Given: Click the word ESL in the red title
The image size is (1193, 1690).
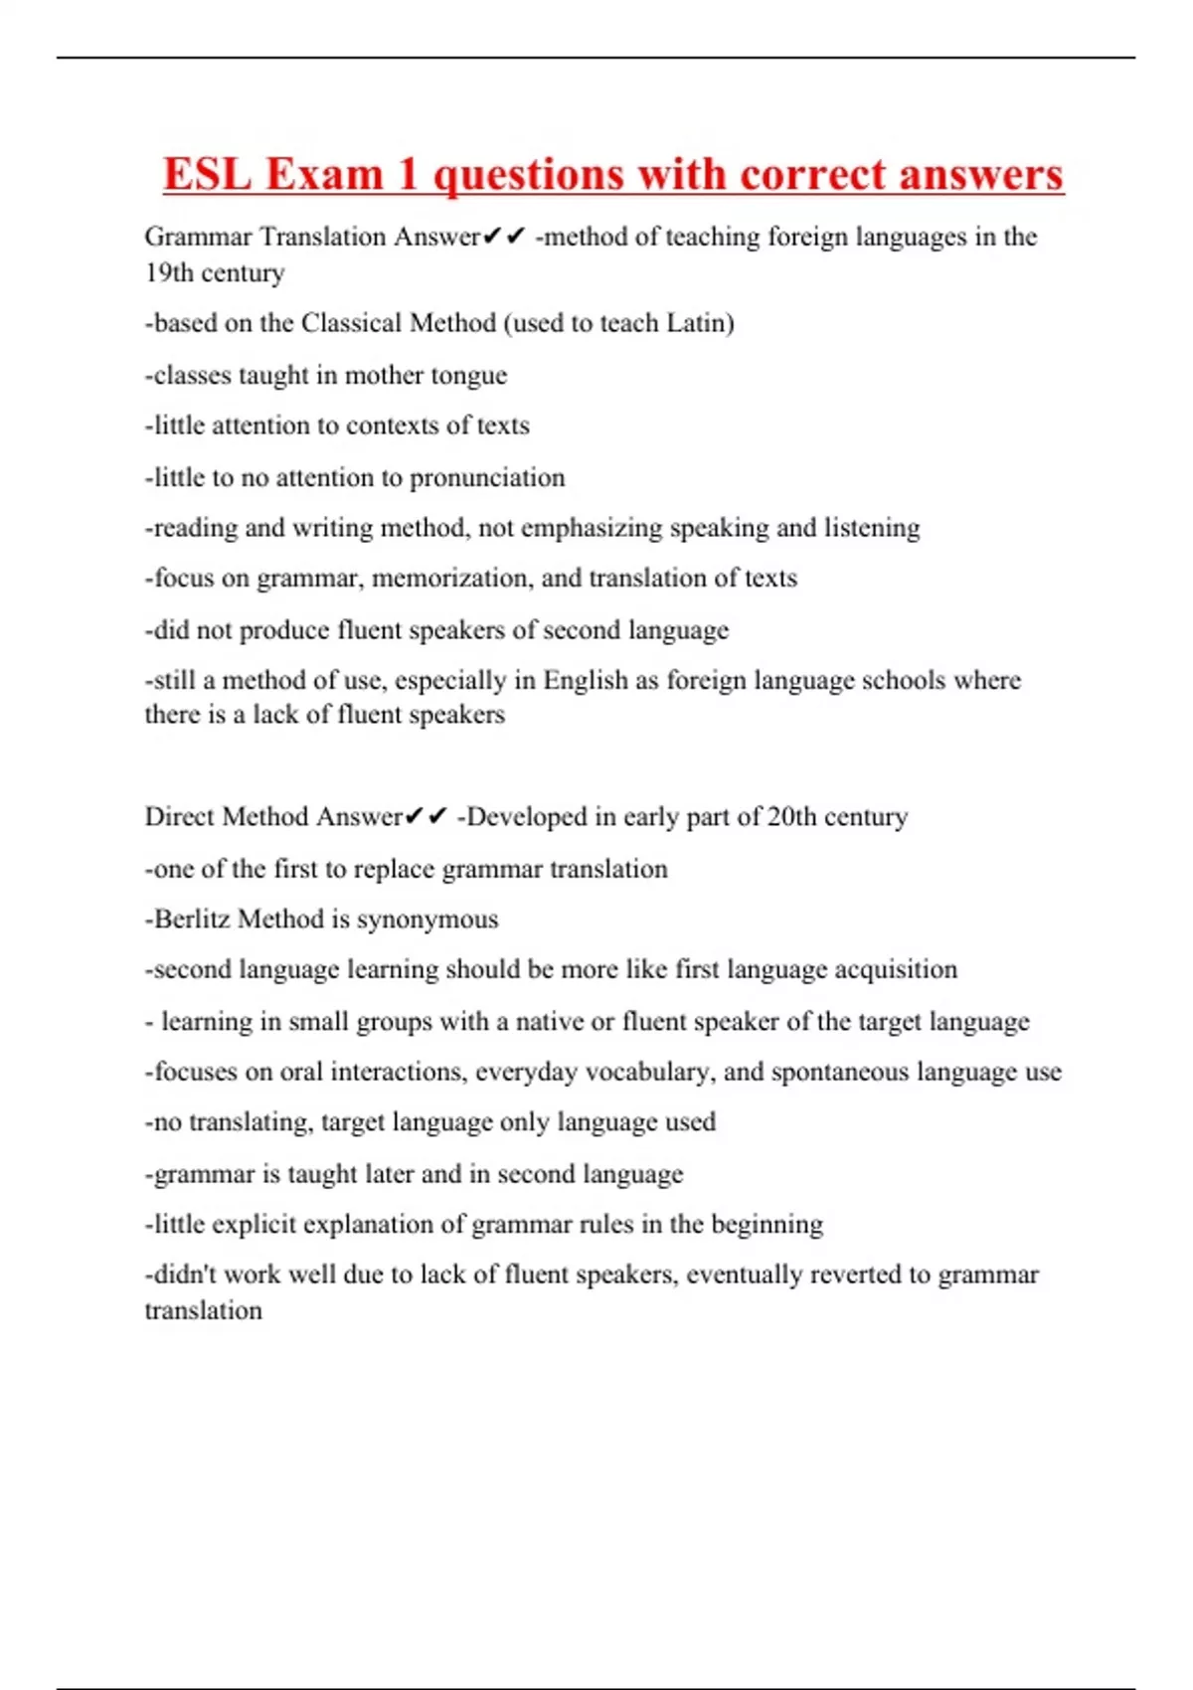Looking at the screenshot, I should coord(206,174).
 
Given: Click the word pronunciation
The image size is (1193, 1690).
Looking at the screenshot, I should coord(487,478).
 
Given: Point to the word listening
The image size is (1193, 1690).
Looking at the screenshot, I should coord(872,528).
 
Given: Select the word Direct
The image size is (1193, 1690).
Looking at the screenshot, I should coord(180,817).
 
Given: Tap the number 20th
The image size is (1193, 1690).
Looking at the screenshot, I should coord(791,817).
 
